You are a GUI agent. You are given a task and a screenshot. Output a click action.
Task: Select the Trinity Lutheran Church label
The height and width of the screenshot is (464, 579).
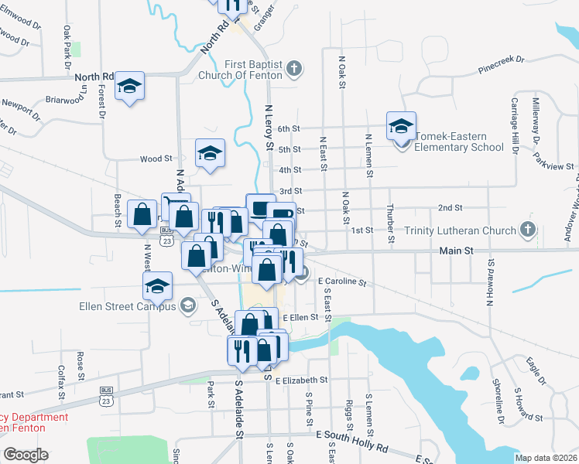point(460,230)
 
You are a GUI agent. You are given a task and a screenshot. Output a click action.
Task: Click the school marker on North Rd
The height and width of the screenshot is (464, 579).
point(130,86)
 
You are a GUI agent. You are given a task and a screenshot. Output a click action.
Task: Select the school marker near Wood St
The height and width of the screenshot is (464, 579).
point(209,153)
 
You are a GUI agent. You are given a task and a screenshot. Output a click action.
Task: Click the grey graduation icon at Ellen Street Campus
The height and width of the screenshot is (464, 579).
point(186,306)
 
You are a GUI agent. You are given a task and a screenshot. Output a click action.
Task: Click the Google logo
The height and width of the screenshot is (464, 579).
point(26,455)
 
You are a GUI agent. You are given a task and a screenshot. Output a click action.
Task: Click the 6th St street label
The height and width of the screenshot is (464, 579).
point(289,129)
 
